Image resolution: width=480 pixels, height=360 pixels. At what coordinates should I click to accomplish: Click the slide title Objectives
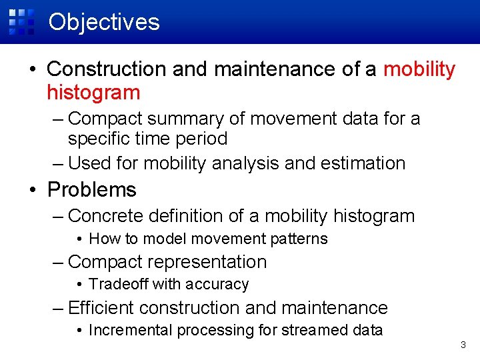tap(104, 22)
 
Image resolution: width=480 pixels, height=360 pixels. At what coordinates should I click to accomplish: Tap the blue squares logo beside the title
tap(21, 21)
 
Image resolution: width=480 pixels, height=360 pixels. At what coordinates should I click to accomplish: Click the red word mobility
tap(419, 69)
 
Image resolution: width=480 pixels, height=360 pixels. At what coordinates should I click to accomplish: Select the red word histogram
tap(93, 92)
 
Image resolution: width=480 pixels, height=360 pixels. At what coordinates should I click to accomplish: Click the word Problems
tap(91, 189)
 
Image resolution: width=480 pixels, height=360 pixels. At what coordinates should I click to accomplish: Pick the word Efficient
tap(101, 307)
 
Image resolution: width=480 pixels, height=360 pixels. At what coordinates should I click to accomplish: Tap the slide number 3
tap(463, 345)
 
